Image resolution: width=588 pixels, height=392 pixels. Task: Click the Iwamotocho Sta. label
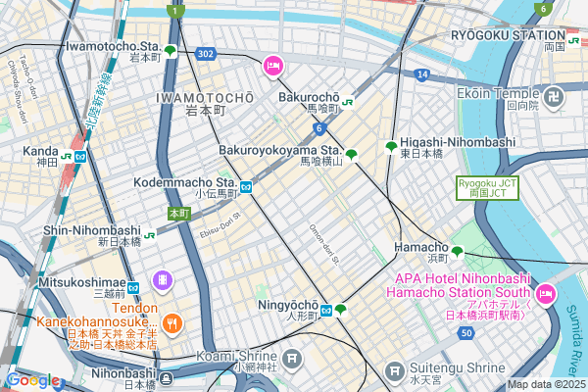(110, 45)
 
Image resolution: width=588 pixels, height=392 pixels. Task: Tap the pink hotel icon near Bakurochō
(272, 67)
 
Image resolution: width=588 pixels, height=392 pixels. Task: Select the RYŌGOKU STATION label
(509, 34)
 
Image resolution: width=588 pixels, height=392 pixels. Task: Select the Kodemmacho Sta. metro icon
(248, 186)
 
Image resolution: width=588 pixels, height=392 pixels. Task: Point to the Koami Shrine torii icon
(292, 360)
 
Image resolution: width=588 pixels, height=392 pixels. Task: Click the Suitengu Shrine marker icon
(394, 372)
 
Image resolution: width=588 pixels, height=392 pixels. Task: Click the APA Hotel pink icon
(547, 292)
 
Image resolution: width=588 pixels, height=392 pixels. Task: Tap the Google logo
(31, 380)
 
